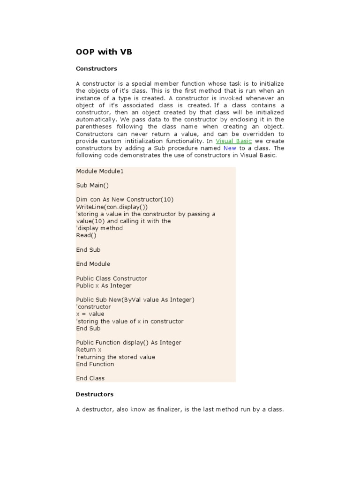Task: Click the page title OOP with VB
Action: [x=104, y=52]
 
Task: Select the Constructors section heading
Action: [x=96, y=68]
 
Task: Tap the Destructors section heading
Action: [x=95, y=394]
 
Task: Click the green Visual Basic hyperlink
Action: [x=233, y=141]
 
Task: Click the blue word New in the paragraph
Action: [x=230, y=148]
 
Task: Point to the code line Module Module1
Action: [x=100, y=171]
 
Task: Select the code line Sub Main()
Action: [x=92, y=185]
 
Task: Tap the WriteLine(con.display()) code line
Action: [x=112, y=207]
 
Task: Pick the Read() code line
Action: [x=86, y=235]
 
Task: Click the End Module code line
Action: [x=93, y=264]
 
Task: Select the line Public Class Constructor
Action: [x=112, y=278]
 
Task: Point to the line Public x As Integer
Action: [x=104, y=285]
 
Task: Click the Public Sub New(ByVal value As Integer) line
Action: [x=135, y=300]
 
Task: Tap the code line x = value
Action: [x=90, y=314]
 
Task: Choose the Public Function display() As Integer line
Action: [x=128, y=343]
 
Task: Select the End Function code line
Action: [x=95, y=364]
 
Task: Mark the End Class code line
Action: [x=90, y=378]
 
